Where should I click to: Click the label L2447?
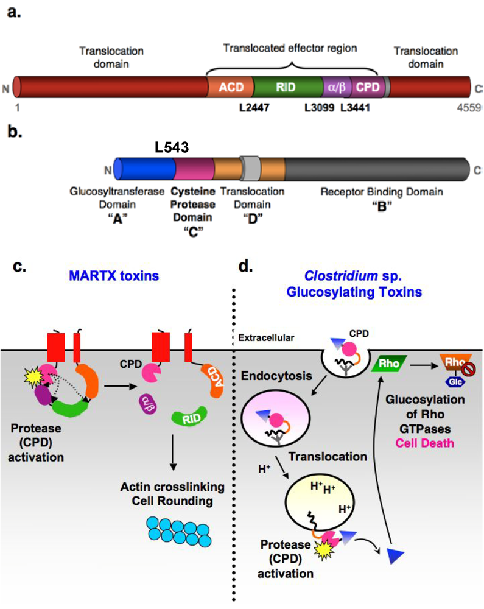251,108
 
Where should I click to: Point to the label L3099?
319,108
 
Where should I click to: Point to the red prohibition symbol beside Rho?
467,369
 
